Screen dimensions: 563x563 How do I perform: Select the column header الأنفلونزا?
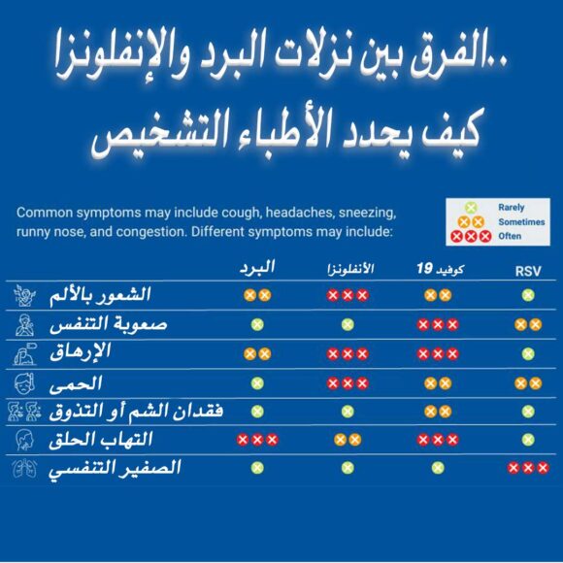tap(348, 268)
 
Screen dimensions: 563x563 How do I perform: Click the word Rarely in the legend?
tap(511, 208)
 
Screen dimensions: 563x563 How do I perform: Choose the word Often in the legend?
tap(509, 236)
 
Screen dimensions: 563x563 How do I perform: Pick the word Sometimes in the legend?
tap(520, 221)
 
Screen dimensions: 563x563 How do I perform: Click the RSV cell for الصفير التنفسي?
tap(528, 468)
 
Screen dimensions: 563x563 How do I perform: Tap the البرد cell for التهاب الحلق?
tap(257, 440)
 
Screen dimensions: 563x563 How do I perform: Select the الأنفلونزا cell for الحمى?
tap(348, 383)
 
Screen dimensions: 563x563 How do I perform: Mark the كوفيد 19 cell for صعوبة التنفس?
tap(436, 324)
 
